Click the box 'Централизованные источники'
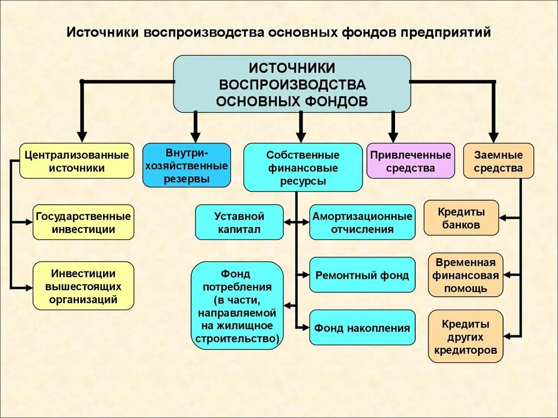pos(77,161)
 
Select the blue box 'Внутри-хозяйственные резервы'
pos(186,165)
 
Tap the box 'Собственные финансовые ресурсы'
pos(302,168)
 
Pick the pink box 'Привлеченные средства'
pos(410,161)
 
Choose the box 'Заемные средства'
pos(498,161)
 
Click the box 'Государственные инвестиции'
pos(83,222)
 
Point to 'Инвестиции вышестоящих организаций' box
pos(83,286)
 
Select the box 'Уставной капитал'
pos(239,222)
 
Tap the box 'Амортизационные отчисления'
pos(362,222)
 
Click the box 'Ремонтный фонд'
pos(362,275)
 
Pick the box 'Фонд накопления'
pos(362,328)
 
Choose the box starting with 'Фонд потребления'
pos(237,305)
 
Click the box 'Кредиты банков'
pos(461,218)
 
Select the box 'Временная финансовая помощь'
pos(465,275)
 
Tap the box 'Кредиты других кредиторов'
pos(465,336)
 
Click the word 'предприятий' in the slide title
pos(446,32)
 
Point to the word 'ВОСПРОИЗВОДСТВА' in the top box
pos(292,85)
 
